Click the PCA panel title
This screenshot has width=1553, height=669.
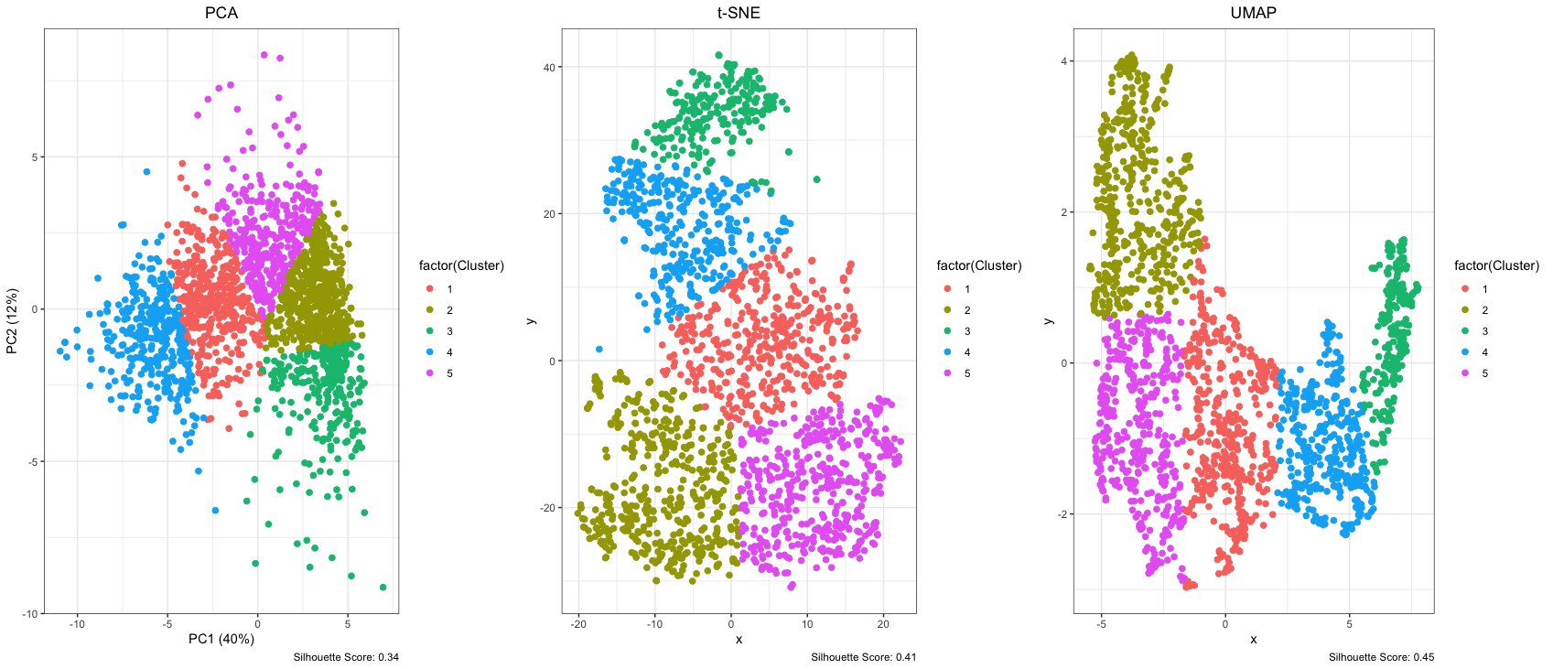(x=221, y=13)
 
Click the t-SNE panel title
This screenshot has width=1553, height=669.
(x=739, y=13)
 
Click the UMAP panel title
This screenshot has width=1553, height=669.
(x=1253, y=13)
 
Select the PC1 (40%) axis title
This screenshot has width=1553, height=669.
(x=221, y=639)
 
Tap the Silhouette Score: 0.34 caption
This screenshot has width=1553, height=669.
(x=346, y=657)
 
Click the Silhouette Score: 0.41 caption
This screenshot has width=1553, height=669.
(x=863, y=657)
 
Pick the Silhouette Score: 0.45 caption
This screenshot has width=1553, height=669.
(x=1381, y=657)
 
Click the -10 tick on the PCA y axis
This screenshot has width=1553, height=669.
(x=31, y=614)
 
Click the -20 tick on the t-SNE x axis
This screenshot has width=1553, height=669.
(x=578, y=624)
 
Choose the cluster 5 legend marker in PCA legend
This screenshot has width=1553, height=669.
(x=430, y=373)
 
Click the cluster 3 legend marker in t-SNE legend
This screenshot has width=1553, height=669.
(x=947, y=331)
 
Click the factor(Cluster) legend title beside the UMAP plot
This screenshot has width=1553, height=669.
(x=1496, y=265)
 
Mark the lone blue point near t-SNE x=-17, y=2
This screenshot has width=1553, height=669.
(x=599, y=349)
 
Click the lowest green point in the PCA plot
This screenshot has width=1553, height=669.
(x=383, y=588)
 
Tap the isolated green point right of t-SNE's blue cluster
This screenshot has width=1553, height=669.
(x=816, y=179)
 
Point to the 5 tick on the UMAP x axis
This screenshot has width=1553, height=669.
(x=1349, y=624)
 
